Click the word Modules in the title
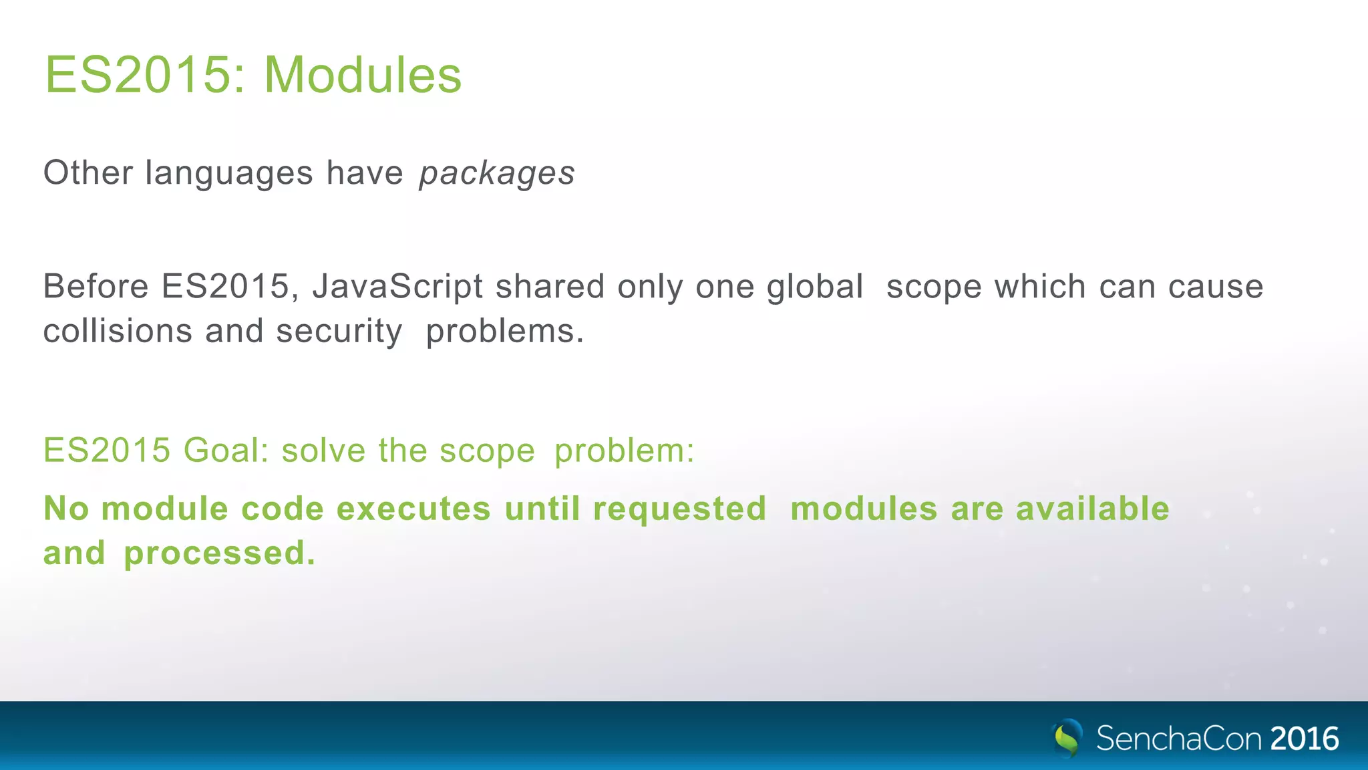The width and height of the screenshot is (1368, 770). tap(363, 75)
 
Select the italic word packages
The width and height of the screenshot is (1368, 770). tap(496, 174)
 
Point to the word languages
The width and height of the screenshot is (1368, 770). tap(229, 174)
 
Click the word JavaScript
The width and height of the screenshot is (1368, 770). tap(397, 287)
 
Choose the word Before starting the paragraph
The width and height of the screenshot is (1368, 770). tap(96, 287)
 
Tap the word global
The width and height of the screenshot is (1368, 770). tap(815, 287)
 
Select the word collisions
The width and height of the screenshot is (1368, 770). tap(118, 332)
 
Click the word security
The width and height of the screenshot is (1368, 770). tap(339, 332)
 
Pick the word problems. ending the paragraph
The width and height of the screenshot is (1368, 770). tap(505, 332)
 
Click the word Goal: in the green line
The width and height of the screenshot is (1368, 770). tap(226, 450)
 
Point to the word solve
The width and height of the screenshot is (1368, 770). tap(323, 450)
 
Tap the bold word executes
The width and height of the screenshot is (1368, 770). tap(413, 509)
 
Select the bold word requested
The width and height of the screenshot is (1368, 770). tap(679, 509)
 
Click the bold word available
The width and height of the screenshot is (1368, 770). tap(1092, 509)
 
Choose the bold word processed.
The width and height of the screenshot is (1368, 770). tap(219, 553)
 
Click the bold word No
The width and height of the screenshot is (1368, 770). tap(66, 509)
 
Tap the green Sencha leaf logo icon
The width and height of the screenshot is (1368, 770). tap(1067, 738)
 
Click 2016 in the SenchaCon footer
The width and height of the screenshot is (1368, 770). tap(1305, 739)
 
